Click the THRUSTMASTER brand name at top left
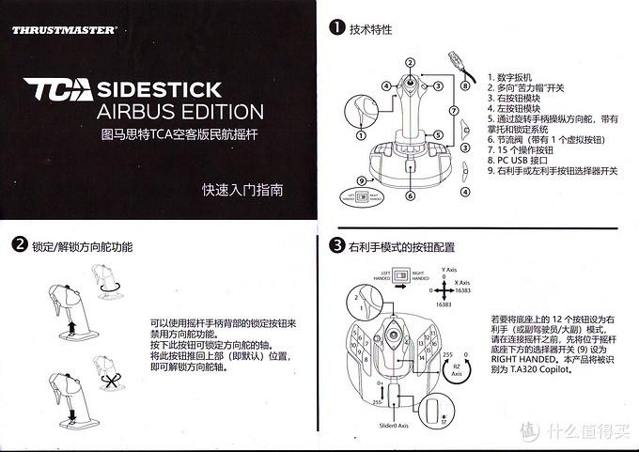[x=64, y=30]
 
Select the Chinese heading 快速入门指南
[x=242, y=190]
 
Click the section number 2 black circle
[x=19, y=246]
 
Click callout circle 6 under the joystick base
[x=410, y=196]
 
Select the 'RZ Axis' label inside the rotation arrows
[x=456, y=368]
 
